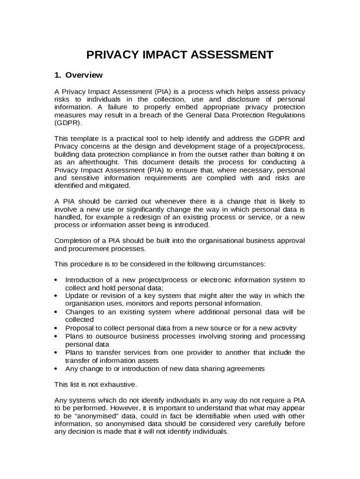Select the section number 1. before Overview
tap(58, 75)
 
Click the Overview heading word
tap(84, 75)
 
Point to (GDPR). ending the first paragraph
tap(68, 123)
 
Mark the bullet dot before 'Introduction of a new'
tap(56, 280)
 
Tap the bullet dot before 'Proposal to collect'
tap(56, 328)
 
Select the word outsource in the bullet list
tap(106, 336)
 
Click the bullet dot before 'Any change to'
tap(56, 369)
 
